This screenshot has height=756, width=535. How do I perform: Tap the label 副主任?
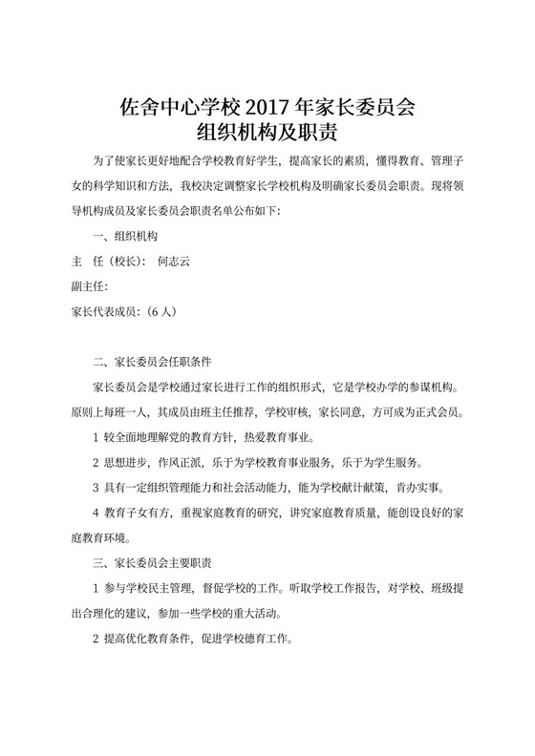[x=92, y=284]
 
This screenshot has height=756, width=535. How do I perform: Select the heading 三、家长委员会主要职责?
[x=156, y=562]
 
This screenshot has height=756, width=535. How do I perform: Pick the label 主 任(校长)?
[x=109, y=260]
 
